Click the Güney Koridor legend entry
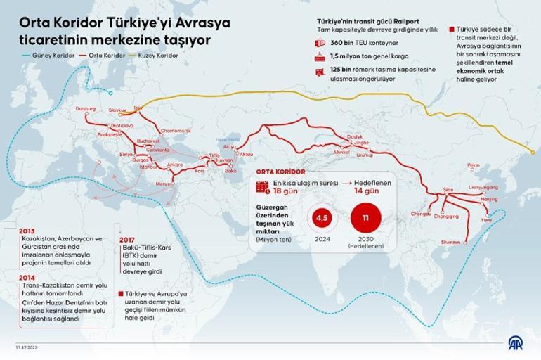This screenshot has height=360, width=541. [41, 53]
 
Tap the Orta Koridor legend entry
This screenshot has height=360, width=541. [100, 53]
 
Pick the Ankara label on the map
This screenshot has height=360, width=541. [174, 164]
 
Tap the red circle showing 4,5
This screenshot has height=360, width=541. [322, 218]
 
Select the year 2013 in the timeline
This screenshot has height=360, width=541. [27, 231]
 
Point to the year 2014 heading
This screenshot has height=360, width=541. [27, 277]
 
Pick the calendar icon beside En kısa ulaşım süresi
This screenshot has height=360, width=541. [262, 186]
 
